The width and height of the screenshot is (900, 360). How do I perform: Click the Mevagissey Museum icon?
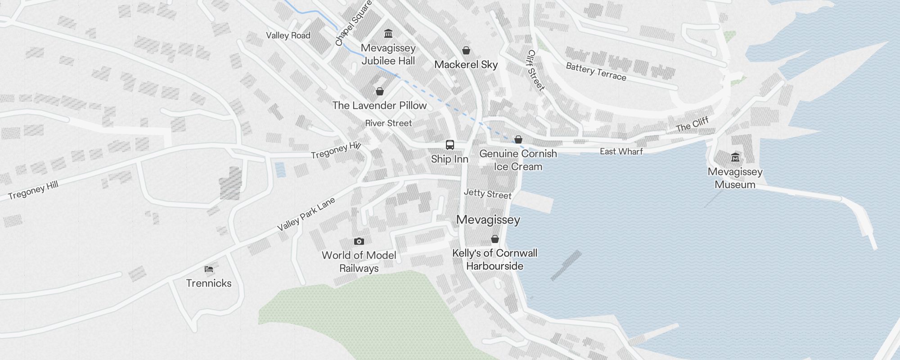[x=735, y=157]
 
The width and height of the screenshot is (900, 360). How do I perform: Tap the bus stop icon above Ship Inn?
[x=450, y=145]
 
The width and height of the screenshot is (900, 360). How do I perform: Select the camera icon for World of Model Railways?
[x=359, y=241]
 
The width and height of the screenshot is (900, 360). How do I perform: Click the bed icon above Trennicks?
[x=209, y=269]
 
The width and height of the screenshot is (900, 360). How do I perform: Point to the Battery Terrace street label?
[x=596, y=72]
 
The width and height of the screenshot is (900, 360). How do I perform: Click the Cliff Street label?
[x=536, y=70]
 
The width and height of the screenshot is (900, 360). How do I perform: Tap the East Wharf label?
[x=621, y=152]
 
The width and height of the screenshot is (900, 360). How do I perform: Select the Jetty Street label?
[x=487, y=194]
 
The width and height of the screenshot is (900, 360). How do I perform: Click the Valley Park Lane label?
[x=306, y=214]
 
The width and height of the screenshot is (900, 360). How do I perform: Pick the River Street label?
[x=388, y=123]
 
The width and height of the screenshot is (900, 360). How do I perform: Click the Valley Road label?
[x=288, y=36]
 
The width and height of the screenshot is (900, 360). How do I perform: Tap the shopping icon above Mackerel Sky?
[x=466, y=50]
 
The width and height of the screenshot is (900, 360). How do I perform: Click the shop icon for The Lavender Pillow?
[x=380, y=91]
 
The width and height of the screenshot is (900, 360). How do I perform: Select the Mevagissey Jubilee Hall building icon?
[x=388, y=34]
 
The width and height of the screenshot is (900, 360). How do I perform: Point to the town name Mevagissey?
[x=488, y=220]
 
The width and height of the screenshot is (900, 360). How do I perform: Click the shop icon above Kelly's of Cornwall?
[x=495, y=239]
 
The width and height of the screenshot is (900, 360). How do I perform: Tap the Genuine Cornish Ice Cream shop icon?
[x=518, y=139]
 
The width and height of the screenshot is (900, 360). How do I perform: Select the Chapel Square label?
[x=353, y=23]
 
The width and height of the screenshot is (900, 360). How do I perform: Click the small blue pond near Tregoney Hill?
[x=280, y=169]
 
